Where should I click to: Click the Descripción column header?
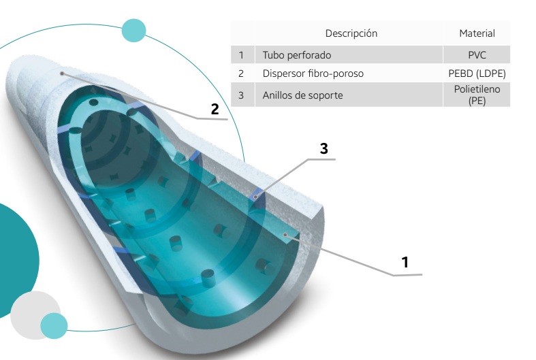[351, 33]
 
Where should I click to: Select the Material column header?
[477, 33]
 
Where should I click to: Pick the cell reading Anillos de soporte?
[303, 95]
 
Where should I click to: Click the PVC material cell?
[477, 55]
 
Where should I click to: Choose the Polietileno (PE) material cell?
[477, 95]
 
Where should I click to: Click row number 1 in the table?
[241, 55]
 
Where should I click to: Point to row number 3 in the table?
[241, 95]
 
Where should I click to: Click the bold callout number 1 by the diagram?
[405, 261]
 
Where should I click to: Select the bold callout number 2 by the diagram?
[215, 109]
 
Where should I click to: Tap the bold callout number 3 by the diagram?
[324, 148]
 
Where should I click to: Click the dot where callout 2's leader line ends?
[62, 72]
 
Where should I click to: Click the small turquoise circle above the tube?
[133, 30]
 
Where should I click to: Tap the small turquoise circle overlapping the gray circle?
[54, 326]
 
